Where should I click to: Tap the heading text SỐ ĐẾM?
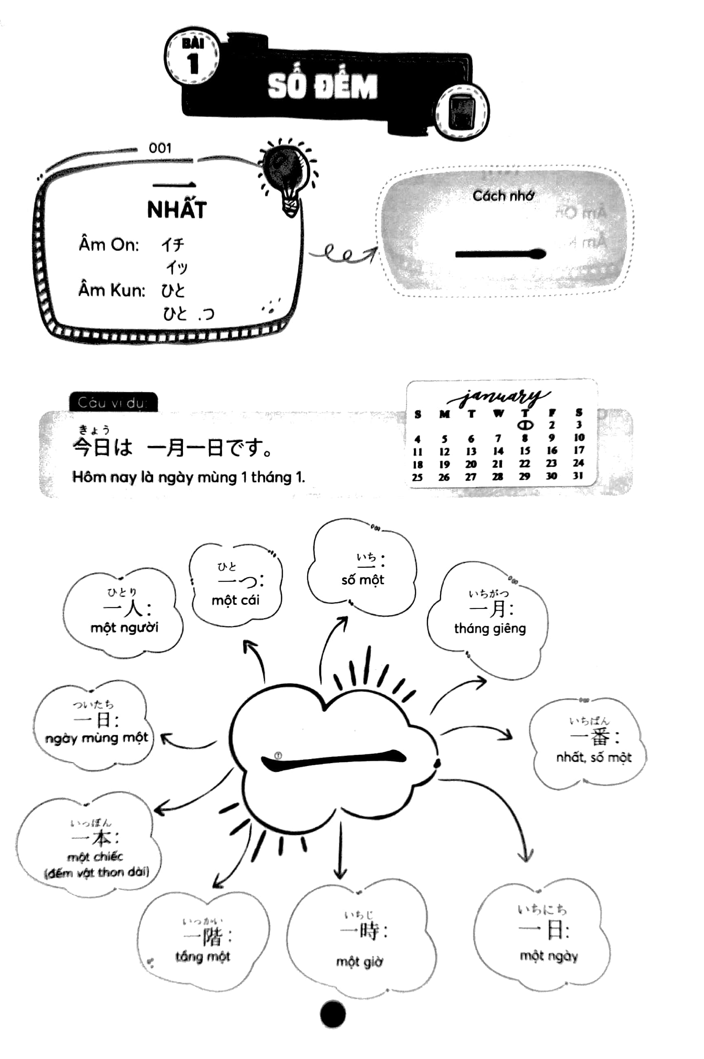pos(322,86)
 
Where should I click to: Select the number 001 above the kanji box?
pos(160,148)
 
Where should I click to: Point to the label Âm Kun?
pos(112,290)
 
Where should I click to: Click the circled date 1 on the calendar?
pos(525,424)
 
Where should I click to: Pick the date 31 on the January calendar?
pos(578,476)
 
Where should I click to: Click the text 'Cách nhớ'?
pos(503,196)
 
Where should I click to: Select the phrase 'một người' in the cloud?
pos(124,627)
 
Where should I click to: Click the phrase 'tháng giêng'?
pos(490,628)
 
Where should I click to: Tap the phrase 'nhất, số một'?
pos(594,758)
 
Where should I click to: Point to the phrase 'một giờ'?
pos(360,961)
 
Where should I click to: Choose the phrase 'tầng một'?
pos(202,957)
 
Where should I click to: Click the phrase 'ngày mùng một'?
pos(97,738)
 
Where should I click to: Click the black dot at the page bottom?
pos(333,1014)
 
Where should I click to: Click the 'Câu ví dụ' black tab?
pos(113,402)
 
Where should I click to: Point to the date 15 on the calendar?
pos(525,450)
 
